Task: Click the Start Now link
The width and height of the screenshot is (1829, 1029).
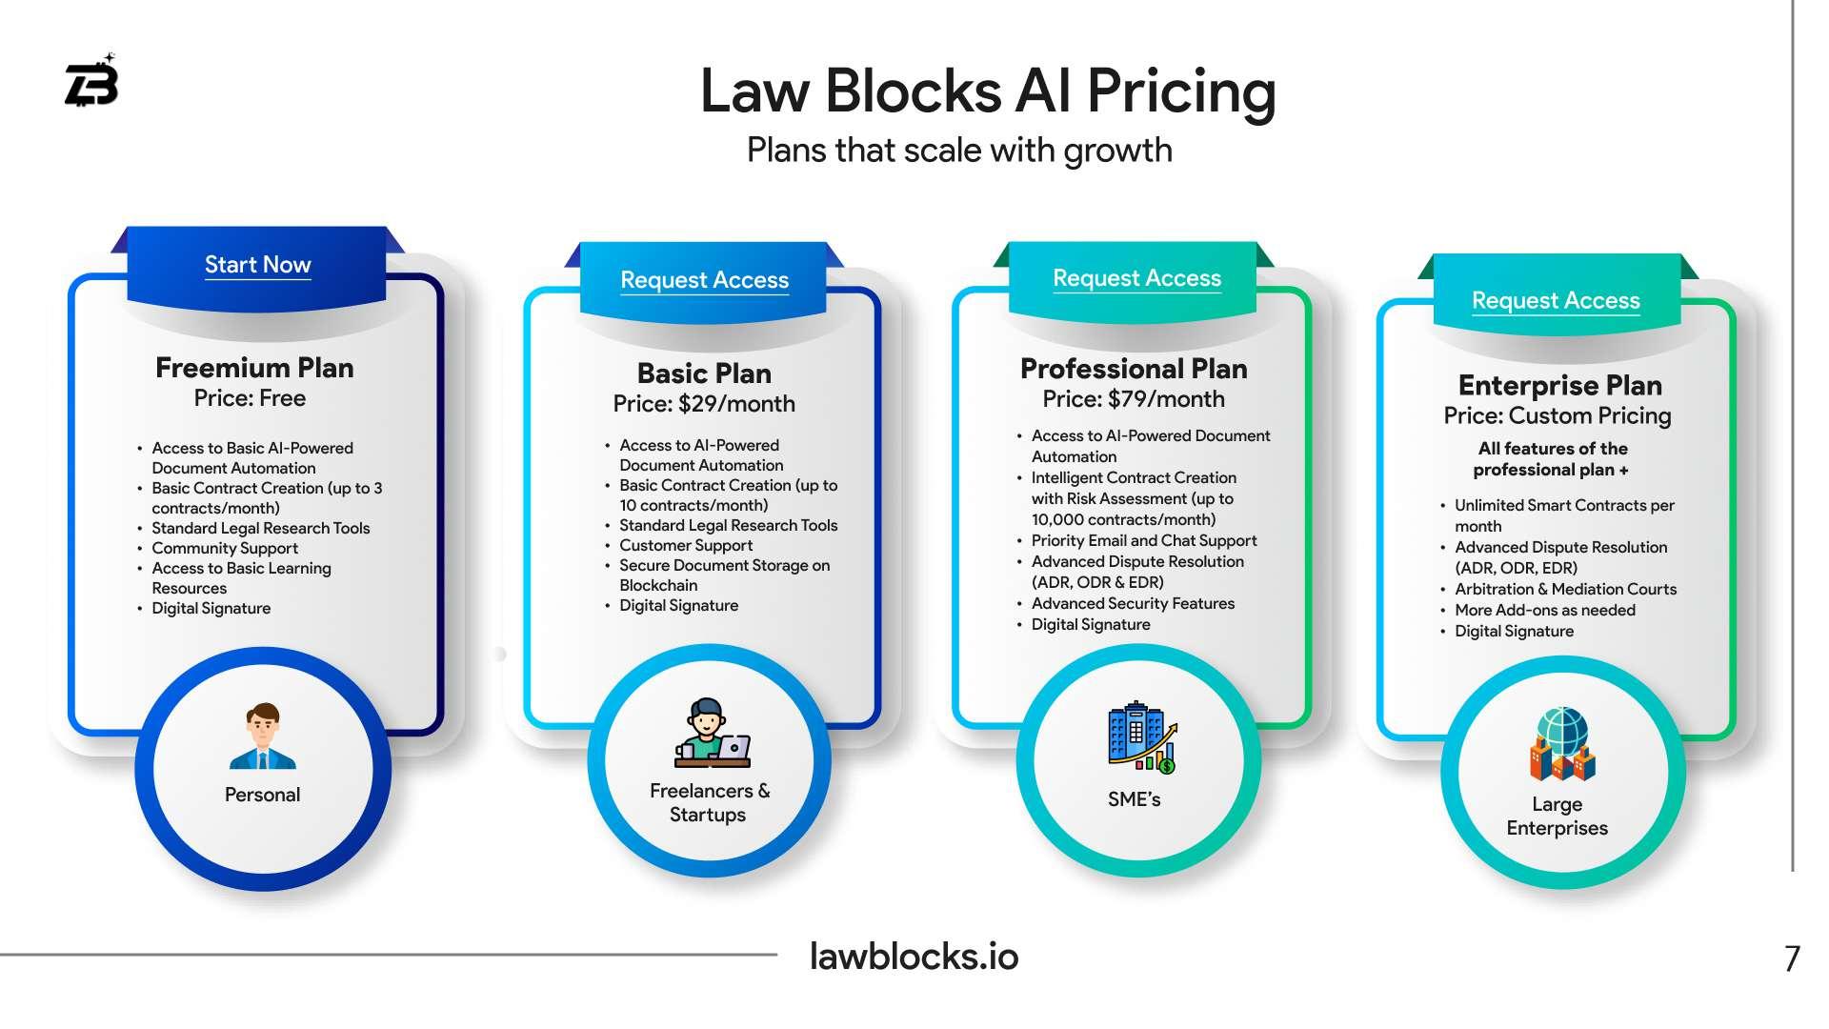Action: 257,265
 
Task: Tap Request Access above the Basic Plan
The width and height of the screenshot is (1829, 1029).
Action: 704,280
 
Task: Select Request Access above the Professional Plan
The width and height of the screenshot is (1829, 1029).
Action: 1136,278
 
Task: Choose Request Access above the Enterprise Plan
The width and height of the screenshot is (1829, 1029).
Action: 1556,301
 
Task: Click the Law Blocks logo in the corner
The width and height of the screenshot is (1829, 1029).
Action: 91,82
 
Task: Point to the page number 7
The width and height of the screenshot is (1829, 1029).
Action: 1792,958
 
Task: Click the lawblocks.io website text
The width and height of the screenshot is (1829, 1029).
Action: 914,957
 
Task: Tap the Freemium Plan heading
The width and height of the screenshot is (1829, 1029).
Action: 254,368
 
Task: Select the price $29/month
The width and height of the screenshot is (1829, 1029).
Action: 736,404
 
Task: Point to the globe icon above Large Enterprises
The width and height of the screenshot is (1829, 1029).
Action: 1562,743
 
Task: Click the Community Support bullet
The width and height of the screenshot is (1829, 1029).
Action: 225,549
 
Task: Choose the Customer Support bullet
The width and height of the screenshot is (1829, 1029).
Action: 686,546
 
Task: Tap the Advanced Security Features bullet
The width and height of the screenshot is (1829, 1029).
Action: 1133,604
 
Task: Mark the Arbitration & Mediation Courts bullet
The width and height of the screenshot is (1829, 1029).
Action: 1565,590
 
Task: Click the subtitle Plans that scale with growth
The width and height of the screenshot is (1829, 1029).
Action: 959,151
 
